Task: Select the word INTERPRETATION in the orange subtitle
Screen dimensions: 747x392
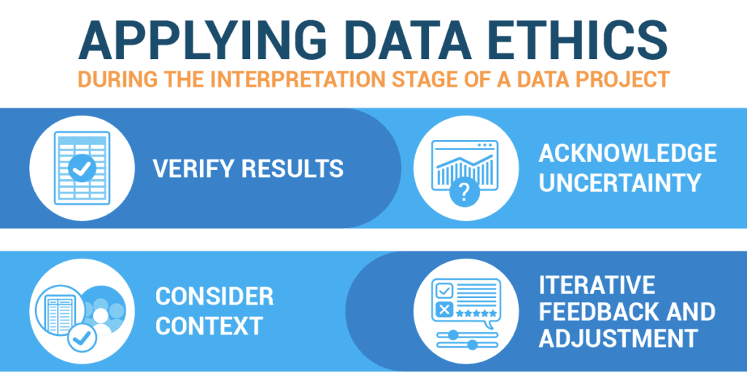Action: coord(298,79)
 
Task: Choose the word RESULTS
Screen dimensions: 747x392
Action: coord(293,168)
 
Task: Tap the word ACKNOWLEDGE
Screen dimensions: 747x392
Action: coord(627,153)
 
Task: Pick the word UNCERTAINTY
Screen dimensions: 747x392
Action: coord(620,183)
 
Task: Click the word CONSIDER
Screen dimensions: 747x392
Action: coord(214,296)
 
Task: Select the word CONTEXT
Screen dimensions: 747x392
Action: coord(209,326)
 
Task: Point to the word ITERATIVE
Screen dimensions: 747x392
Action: coord(597,284)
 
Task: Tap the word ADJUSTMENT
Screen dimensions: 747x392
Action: coord(619,338)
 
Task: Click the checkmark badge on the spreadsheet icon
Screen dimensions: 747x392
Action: coord(82,168)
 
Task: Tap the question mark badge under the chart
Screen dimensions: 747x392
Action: coord(464,192)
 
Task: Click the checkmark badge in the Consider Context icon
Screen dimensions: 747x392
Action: coord(82,338)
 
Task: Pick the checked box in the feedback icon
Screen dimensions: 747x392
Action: coord(444,290)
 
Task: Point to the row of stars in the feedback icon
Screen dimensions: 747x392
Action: coord(476,313)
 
